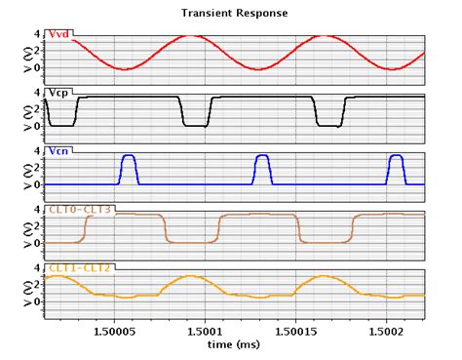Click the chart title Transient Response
pos(230,14)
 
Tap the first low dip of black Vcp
pos(62,125)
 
